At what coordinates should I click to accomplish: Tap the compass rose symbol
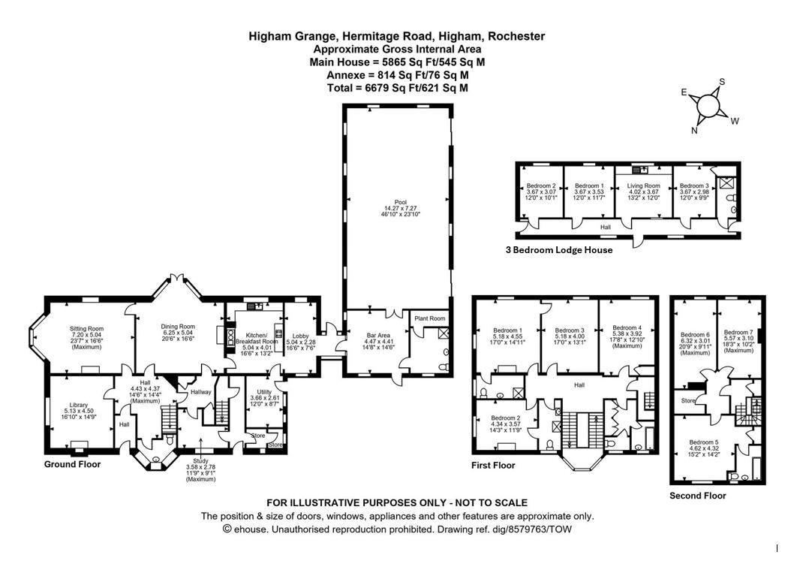[x=708, y=106]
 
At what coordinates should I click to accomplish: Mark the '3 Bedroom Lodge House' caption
[x=559, y=250]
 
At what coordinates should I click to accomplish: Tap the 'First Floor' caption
[x=493, y=466]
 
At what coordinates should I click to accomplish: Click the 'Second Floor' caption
[x=698, y=496]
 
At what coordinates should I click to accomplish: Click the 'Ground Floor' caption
[x=72, y=464]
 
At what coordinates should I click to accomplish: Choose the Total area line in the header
[x=397, y=88]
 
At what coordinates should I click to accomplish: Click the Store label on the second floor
[x=688, y=401]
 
